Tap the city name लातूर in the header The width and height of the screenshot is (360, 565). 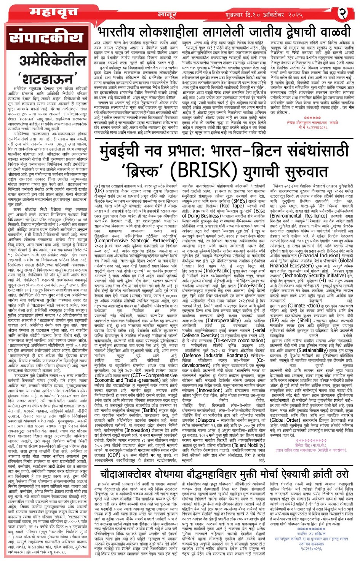click(x=167, y=14)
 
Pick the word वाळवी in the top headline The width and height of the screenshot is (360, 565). click(x=331, y=32)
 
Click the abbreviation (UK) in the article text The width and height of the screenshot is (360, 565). click(x=99, y=191)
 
